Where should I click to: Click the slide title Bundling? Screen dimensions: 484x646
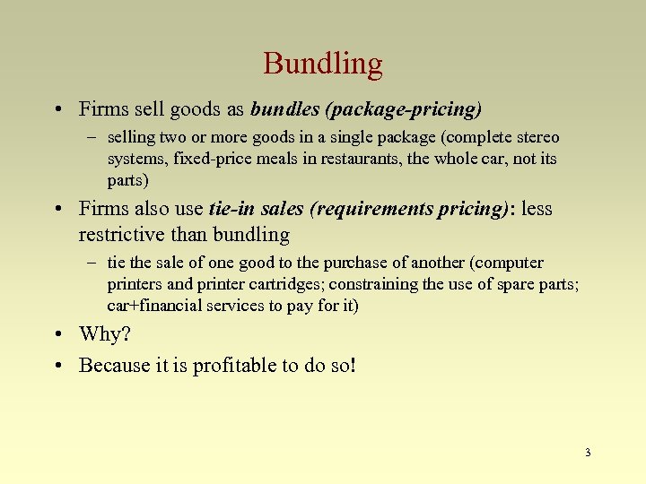tap(323, 64)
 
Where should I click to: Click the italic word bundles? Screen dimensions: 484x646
tap(284, 109)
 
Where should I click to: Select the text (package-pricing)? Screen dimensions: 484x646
tap(404, 109)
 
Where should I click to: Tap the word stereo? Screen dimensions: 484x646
tap(538, 137)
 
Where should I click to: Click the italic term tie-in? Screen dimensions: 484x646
tap(232, 209)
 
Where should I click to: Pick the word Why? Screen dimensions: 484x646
tap(105, 334)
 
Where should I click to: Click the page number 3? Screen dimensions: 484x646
tap(588, 453)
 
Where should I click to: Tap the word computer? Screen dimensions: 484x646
tap(511, 263)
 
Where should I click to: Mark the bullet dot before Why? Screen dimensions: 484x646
tap(57, 334)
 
